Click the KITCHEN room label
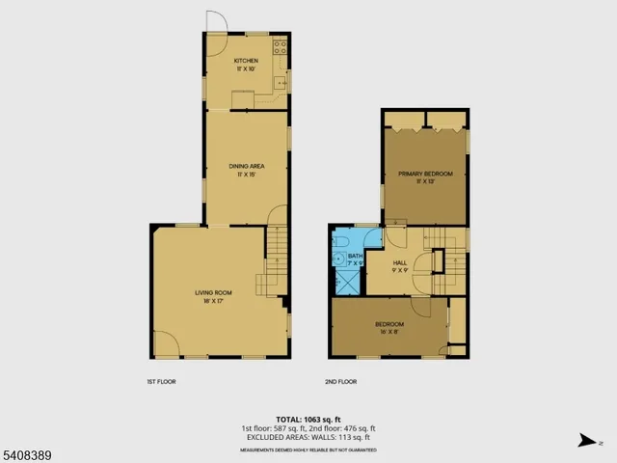click(x=246, y=61)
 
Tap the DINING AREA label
click(x=246, y=166)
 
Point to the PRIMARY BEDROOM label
click(x=425, y=174)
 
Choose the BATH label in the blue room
click(x=355, y=257)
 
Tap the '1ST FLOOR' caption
click(x=161, y=381)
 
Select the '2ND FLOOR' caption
click(x=340, y=381)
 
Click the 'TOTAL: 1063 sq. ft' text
click(x=308, y=420)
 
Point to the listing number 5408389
click(x=20, y=451)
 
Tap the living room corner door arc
click(x=165, y=342)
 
